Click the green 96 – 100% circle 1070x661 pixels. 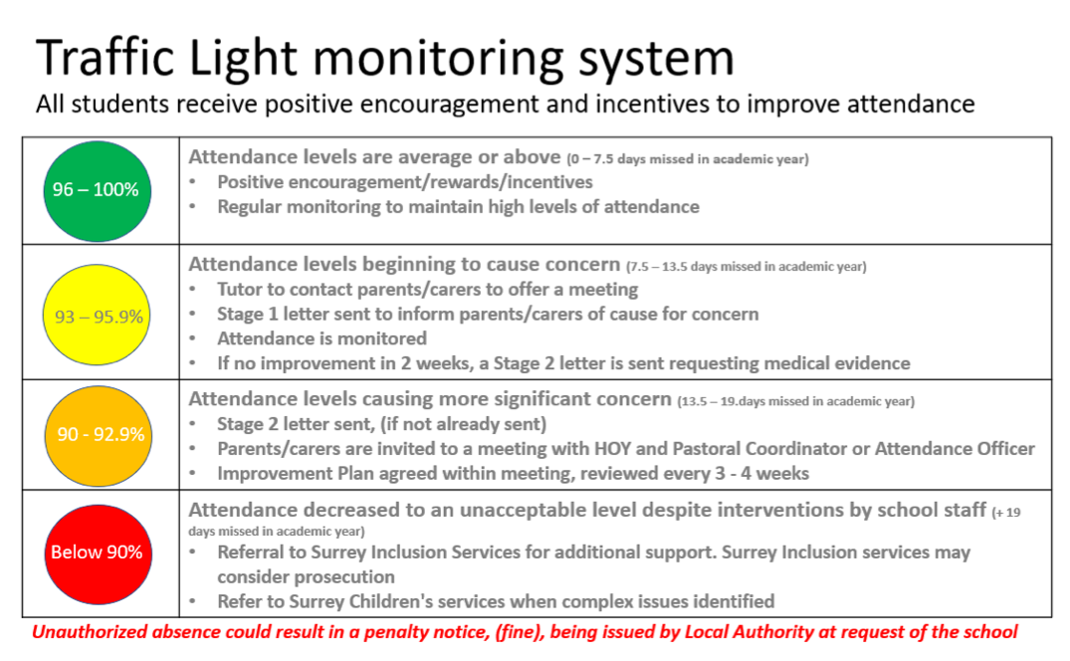tap(97, 191)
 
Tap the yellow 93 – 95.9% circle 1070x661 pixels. tap(97, 315)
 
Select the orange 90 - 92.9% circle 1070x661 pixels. tap(99, 436)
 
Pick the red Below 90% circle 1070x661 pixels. tap(99, 554)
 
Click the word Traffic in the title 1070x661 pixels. tap(106, 58)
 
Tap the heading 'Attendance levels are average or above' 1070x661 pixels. tap(374, 157)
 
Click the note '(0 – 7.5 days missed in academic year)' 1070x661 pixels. tap(687, 159)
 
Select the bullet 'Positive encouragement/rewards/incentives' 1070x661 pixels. tap(405, 182)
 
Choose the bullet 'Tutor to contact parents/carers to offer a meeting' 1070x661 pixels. tap(428, 290)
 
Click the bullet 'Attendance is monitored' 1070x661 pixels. tap(322, 338)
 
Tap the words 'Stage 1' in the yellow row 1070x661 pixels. tap(247, 314)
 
